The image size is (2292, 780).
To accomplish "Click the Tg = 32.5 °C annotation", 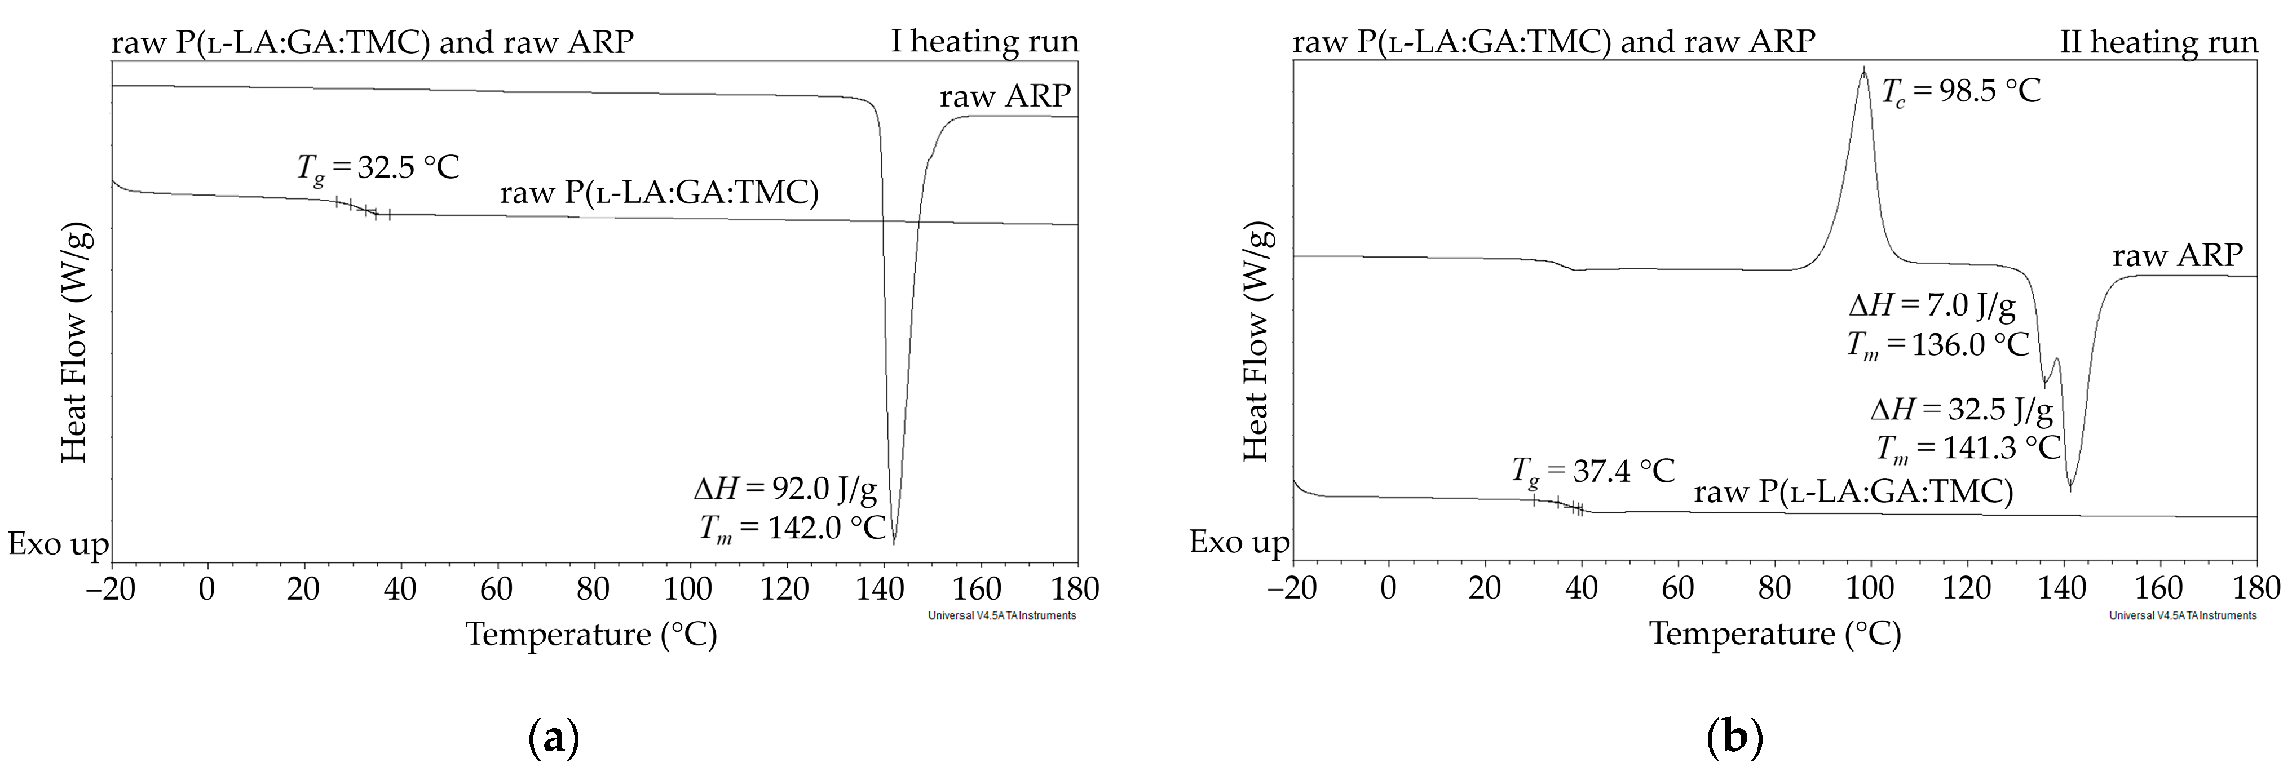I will [378, 167].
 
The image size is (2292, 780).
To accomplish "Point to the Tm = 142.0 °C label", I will [792, 528].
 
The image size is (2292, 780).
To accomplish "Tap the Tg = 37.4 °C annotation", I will [1593, 471].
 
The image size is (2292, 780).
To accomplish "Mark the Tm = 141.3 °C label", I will [1968, 448].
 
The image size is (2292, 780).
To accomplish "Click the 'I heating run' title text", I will [985, 42].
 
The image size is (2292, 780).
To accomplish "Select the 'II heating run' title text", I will [2158, 42].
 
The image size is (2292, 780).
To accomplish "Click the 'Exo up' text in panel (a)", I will [59, 543].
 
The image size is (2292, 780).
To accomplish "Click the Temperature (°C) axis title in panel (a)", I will [591, 634].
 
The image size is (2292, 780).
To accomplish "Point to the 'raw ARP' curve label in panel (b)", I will [2177, 256].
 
